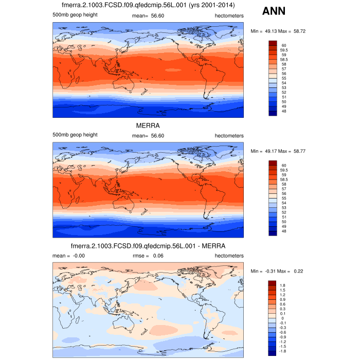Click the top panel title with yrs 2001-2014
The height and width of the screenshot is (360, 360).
point(148,6)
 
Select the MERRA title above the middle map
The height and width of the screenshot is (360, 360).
point(148,126)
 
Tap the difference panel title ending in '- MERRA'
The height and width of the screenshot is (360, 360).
point(148,246)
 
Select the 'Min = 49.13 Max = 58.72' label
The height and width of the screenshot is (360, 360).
point(278,31)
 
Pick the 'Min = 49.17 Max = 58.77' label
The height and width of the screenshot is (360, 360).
point(278,152)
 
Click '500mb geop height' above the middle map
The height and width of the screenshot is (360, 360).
point(75,135)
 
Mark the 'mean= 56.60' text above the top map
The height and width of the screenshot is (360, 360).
point(148,15)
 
